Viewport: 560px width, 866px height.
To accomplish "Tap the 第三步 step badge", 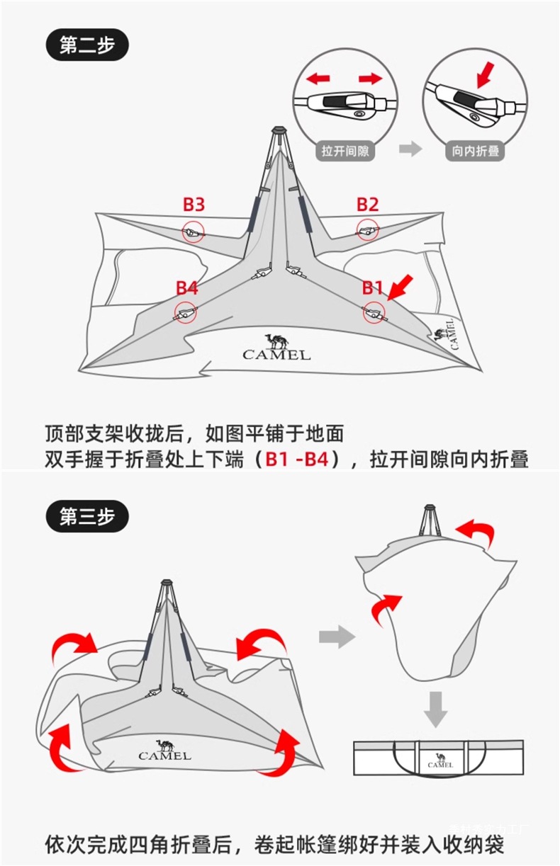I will (88, 517).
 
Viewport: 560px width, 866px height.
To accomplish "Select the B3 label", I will (194, 205).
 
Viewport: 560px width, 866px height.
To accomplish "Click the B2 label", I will (367, 205).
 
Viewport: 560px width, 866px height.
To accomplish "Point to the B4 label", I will (187, 287).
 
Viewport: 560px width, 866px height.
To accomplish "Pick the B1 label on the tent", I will (373, 287).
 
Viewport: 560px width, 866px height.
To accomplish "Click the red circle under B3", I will (193, 232).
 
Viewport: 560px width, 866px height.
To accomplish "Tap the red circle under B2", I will (367, 229).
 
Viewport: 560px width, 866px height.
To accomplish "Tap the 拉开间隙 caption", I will (345, 151).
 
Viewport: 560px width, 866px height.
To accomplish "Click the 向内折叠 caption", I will (475, 151).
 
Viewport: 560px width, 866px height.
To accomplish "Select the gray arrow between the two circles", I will (409, 149).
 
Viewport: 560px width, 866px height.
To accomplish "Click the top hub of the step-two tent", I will (278, 132).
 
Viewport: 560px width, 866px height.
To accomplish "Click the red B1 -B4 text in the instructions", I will (296, 459).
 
